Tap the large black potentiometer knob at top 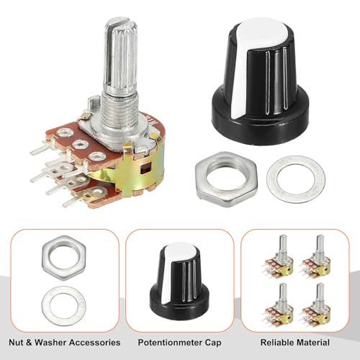point(261,81)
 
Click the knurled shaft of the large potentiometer point(121,56)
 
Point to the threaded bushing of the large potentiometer point(120,113)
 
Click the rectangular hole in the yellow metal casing point(145,168)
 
